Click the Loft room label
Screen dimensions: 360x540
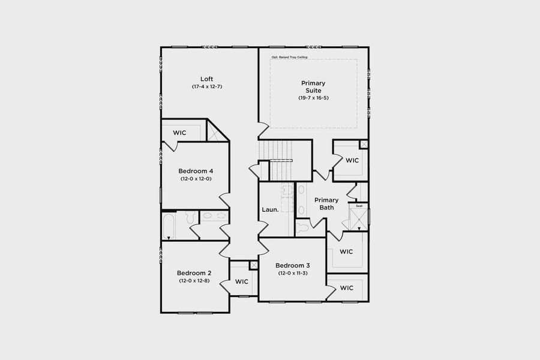coord(206,79)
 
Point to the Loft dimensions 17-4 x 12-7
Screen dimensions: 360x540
coord(207,87)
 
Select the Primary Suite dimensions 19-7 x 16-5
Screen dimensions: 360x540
coord(313,98)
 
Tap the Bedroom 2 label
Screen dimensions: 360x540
coord(194,273)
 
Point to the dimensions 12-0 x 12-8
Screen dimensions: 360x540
coord(194,281)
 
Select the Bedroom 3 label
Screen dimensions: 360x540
coord(293,266)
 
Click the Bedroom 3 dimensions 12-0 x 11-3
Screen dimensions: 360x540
coord(293,274)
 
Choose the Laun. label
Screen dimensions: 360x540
coord(270,210)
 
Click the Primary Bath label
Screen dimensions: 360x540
coord(326,204)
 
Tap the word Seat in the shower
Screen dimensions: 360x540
coord(359,206)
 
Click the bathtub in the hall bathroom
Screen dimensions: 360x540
coord(169,226)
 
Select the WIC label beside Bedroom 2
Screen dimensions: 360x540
coord(242,281)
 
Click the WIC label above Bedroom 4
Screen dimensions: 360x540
coord(181,133)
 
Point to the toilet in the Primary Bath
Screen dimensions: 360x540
coord(302,227)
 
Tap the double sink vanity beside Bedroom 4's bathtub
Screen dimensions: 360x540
coord(214,216)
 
